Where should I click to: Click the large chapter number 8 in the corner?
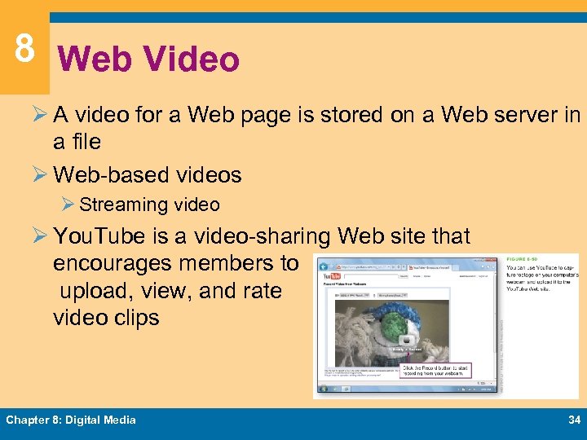24,48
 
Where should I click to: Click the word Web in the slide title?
86,59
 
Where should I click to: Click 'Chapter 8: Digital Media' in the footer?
71,420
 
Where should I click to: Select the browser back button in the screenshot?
324,267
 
